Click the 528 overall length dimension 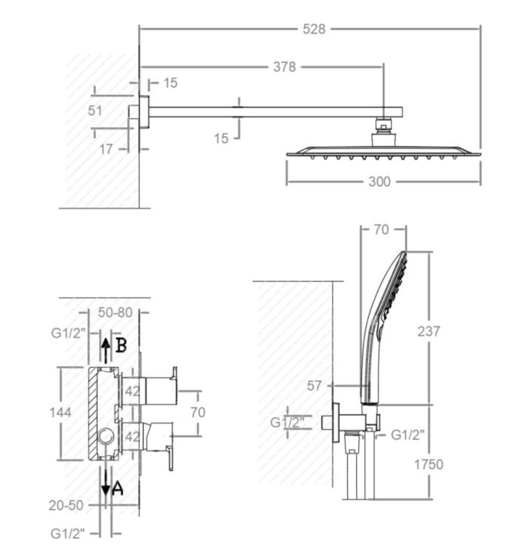point(314,29)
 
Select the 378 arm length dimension point(285,67)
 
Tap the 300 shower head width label point(379,182)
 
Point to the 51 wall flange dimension point(95,111)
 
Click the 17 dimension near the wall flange point(105,149)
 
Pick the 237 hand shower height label point(429,331)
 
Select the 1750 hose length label point(428,465)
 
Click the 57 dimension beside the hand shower point(314,386)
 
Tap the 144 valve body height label point(60,412)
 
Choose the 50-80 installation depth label point(115,312)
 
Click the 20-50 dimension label point(66,505)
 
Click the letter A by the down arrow point(118,488)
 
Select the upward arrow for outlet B point(105,350)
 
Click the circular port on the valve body point(105,437)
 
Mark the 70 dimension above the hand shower point(382,229)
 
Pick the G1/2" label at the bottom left point(68,533)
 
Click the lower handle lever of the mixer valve point(170,458)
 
